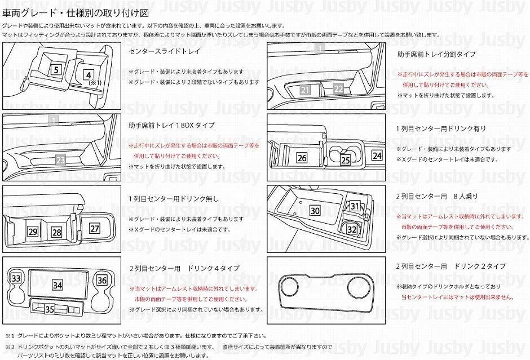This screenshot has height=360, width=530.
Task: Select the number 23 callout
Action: tap(61, 159)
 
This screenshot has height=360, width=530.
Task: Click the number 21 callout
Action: tap(305, 90)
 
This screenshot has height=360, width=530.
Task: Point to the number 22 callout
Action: tap(338, 88)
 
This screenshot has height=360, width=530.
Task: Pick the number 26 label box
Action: tap(302, 158)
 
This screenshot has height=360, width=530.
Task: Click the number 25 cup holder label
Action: tap(345, 160)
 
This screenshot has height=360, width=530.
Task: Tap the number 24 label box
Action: tap(377, 155)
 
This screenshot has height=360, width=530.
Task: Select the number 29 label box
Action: tap(33, 232)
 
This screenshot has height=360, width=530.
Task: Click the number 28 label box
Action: tap(56, 232)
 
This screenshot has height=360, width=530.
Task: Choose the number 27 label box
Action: tap(94, 229)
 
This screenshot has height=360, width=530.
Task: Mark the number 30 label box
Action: tap(315, 211)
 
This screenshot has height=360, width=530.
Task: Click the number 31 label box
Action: tap(354, 207)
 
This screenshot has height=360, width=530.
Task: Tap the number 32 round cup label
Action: tap(351, 229)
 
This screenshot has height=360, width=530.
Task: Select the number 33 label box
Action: tap(16, 279)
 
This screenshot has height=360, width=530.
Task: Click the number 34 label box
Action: tap(57, 285)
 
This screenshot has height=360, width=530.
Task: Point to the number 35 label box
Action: tap(50, 309)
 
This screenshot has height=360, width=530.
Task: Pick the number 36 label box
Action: tap(101, 279)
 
